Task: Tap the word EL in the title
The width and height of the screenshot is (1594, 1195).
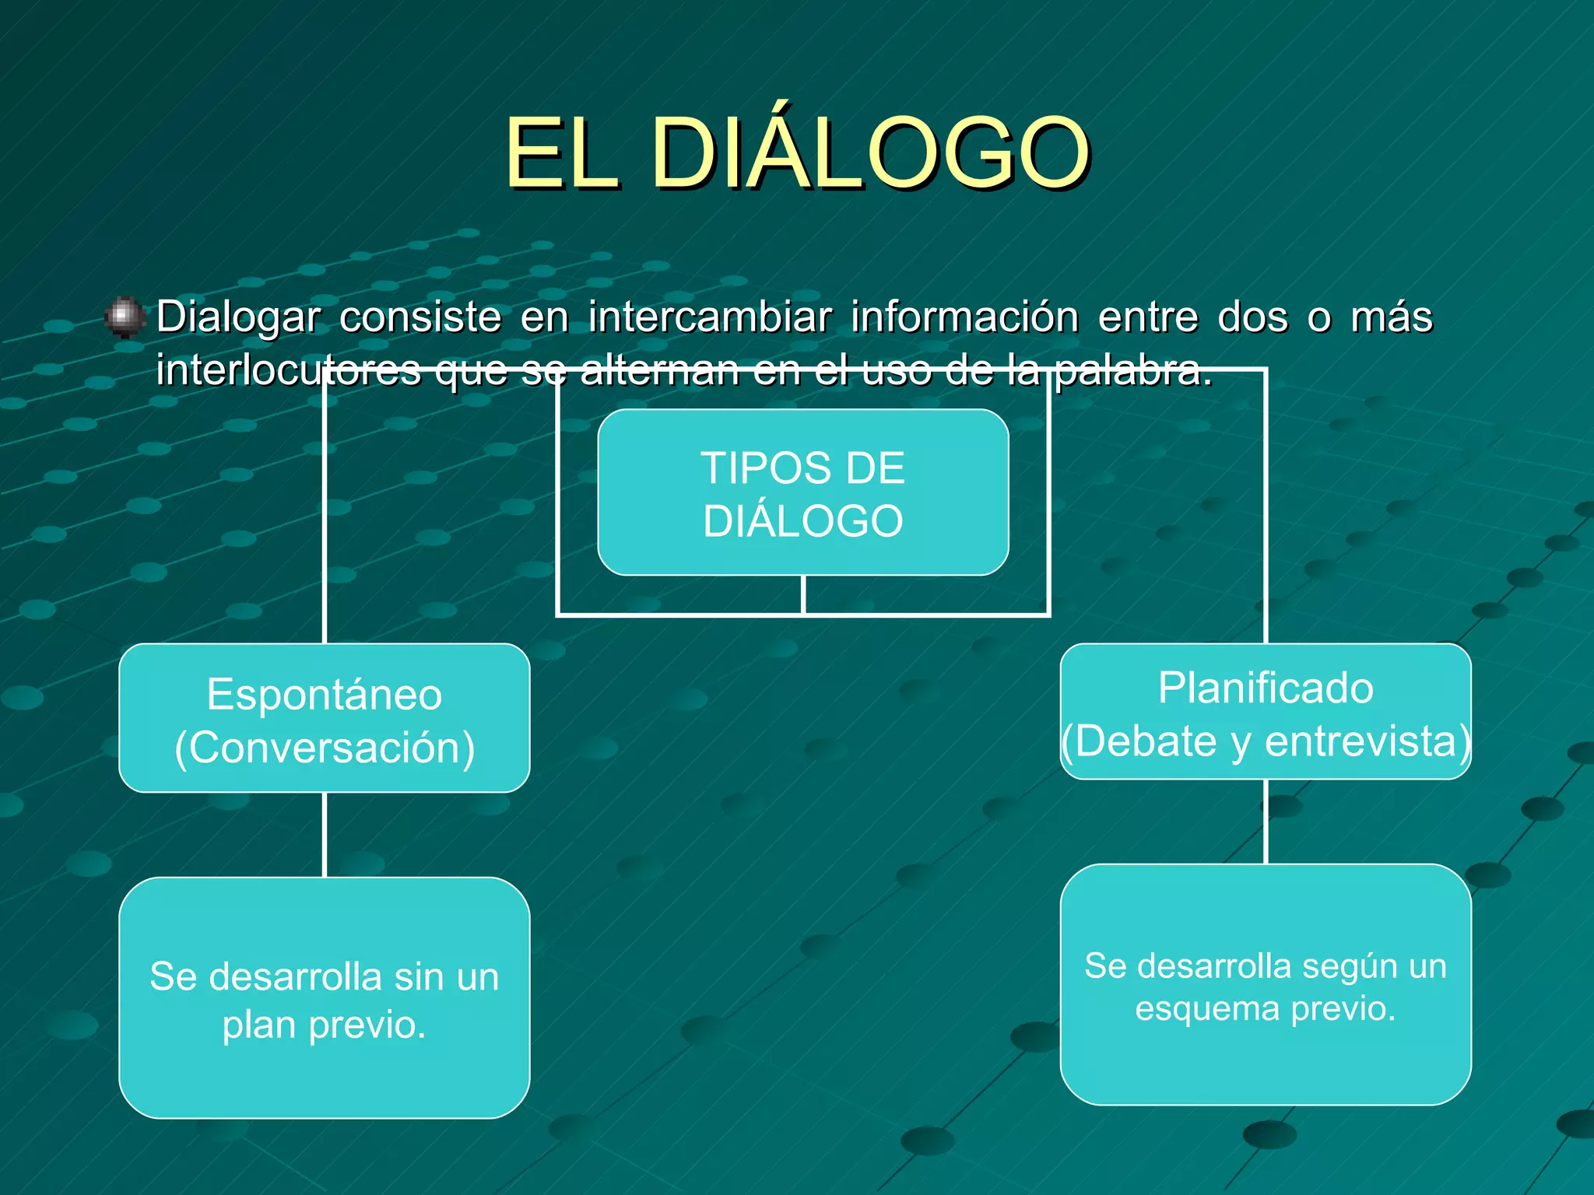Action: (x=562, y=153)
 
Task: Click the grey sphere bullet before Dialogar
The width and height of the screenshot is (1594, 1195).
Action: (x=124, y=317)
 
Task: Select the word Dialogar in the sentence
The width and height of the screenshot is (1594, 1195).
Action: (x=238, y=317)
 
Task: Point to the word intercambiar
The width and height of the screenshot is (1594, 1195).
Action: (x=710, y=317)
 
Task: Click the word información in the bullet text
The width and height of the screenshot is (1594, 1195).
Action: (x=964, y=317)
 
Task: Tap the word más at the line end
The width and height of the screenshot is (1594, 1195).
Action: (x=1391, y=317)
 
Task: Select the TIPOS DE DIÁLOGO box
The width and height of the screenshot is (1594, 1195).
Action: (x=802, y=492)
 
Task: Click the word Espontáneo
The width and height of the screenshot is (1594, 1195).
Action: (x=324, y=694)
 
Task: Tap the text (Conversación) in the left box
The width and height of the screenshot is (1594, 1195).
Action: (x=324, y=748)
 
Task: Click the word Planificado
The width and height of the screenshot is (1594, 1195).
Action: (x=1265, y=689)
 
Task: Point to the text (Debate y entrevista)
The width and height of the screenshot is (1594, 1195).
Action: (x=1265, y=741)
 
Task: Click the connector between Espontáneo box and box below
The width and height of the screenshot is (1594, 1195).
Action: (x=325, y=835)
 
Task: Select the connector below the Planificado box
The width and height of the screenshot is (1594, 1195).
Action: (x=1266, y=822)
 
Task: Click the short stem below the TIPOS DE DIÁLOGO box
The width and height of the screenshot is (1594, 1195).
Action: (x=802, y=595)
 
